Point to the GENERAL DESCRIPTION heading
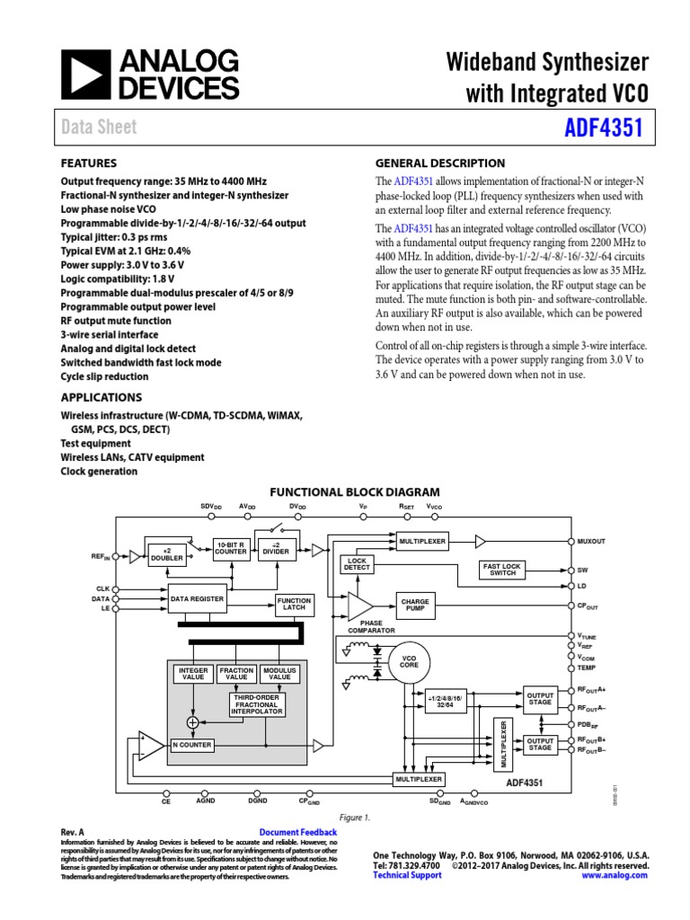[439, 164]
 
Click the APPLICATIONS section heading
[101, 397]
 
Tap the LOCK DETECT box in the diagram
[357, 564]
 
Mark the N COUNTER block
[191, 745]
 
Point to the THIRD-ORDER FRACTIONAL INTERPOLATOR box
[258, 704]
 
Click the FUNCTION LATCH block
[295, 604]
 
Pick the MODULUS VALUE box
[280, 674]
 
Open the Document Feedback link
[297, 833]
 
